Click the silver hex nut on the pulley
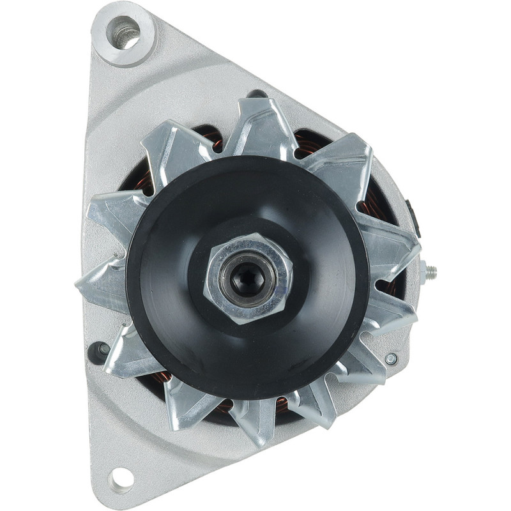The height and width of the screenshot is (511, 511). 248,278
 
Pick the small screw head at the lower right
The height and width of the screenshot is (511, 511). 391,359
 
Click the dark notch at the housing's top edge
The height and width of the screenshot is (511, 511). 257,93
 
